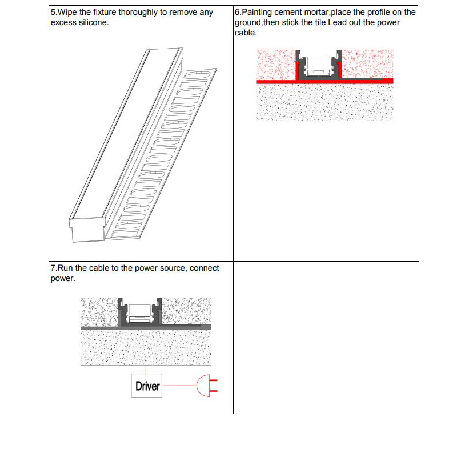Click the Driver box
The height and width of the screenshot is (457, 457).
click(x=147, y=386)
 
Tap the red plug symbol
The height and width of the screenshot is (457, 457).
click(x=207, y=387)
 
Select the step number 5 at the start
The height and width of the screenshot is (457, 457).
click(x=53, y=12)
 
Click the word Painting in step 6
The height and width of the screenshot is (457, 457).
click(x=259, y=12)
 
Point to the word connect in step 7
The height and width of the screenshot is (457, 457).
click(x=204, y=268)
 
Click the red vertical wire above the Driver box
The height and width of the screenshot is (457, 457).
click(x=147, y=370)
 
